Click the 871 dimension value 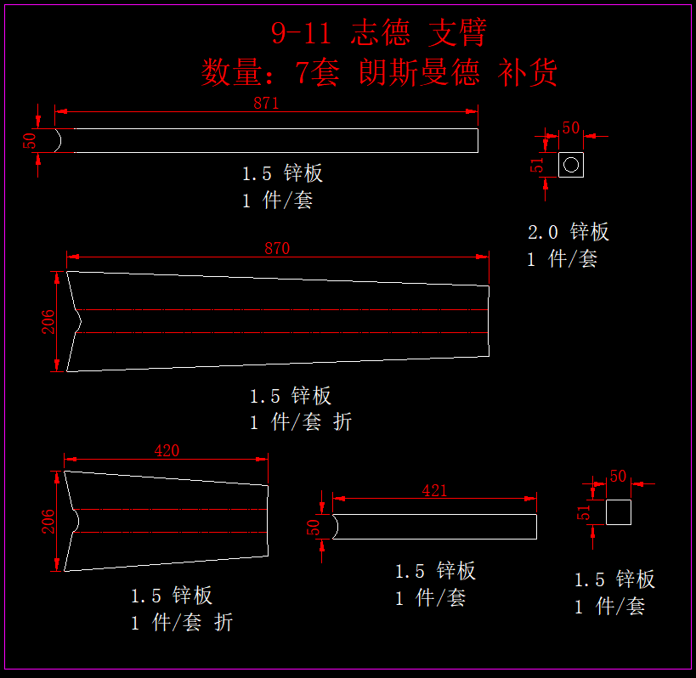tap(266, 104)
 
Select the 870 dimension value tap(277, 249)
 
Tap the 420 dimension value tap(167, 451)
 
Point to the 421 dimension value tap(434, 490)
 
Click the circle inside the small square tap(571, 164)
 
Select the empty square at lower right tap(619, 512)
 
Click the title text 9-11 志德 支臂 tap(378, 33)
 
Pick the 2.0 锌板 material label tap(569, 231)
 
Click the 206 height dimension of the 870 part tap(48, 321)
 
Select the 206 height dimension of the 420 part tap(48, 521)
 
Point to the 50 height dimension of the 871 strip tap(30, 141)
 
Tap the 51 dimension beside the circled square tap(537, 165)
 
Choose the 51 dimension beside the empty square tap(584, 512)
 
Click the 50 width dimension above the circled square tap(571, 128)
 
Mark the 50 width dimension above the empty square tap(618, 477)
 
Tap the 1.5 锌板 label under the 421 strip tap(435, 571)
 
